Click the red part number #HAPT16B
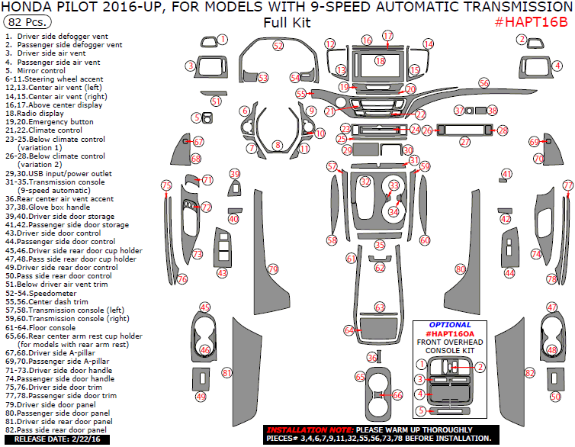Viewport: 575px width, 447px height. [532, 21]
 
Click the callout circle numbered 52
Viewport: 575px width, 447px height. [278, 46]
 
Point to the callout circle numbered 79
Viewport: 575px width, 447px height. [273, 269]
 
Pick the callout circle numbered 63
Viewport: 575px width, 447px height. [380, 307]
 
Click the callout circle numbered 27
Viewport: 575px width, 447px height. [464, 142]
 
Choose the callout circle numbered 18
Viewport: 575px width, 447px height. [380, 60]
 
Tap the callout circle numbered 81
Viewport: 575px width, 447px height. [226, 372]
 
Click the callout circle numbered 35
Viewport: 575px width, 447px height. [380, 245]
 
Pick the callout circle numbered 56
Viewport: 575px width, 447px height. [483, 82]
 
